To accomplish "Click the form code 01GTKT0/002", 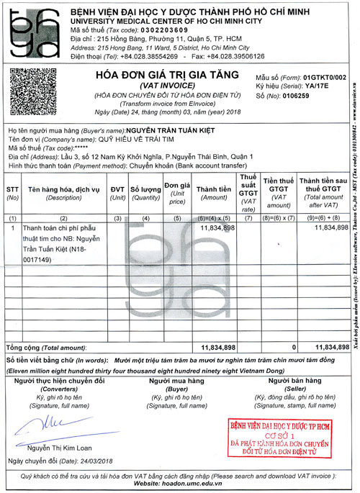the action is pyautogui.click(x=325, y=76).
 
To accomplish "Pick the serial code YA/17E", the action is pyautogui.click(x=313, y=85).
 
